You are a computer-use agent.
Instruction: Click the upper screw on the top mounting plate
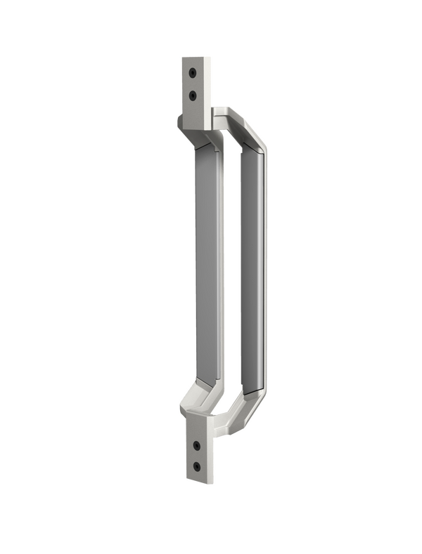pyautogui.click(x=193, y=71)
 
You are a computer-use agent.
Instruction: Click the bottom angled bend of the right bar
pyautogui.click(x=252, y=404)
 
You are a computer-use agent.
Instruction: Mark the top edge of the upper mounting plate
pyautogui.click(x=193, y=56)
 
